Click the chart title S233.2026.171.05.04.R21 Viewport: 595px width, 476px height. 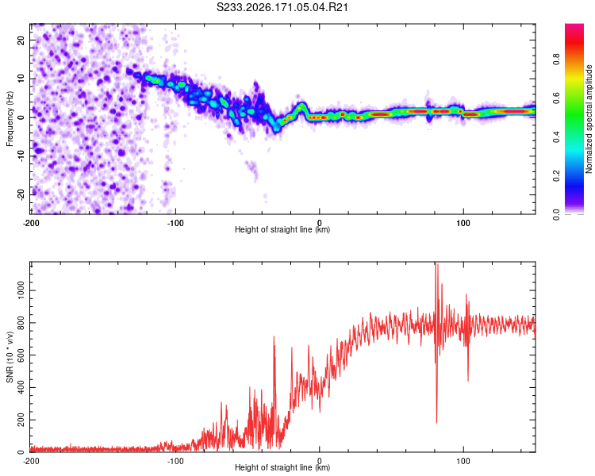click(x=282, y=7)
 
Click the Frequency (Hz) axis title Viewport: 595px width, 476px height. click(x=10, y=119)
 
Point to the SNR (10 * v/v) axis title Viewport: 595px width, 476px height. click(x=10, y=357)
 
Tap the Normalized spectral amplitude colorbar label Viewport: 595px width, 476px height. click(x=589, y=119)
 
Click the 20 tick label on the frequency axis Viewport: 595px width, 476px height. click(x=21, y=40)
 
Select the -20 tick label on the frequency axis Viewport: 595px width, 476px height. click(x=21, y=194)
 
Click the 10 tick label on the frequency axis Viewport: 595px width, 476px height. click(x=21, y=79)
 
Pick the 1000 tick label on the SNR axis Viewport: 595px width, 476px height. click(x=21, y=290)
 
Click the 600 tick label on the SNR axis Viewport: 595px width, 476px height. click(x=21, y=355)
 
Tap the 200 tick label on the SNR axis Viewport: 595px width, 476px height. click(x=21, y=420)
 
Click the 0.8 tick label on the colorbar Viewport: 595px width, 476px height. click(x=556, y=59)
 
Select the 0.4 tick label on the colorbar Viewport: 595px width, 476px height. click(x=556, y=137)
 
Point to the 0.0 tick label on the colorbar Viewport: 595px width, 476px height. click(x=556, y=214)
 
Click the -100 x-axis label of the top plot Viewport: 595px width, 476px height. click(x=175, y=223)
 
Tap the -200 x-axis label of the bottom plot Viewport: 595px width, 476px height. click(x=31, y=461)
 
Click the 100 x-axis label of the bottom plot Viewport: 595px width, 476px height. click(x=463, y=461)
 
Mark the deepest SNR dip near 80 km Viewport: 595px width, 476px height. click(x=436, y=422)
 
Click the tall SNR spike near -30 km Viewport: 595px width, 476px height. click(x=274, y=337)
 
